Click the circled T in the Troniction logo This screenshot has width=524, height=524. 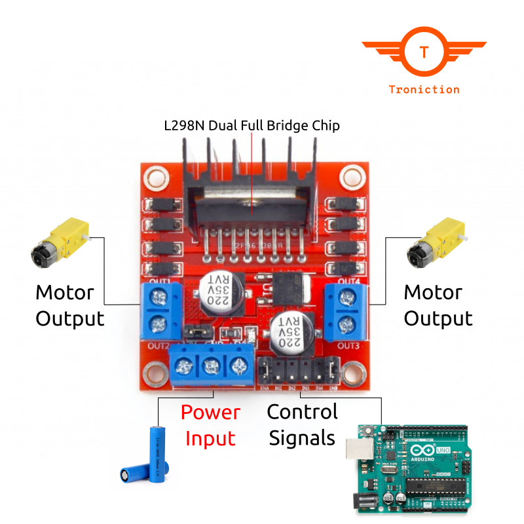pyautogui.click(x=424, y=52)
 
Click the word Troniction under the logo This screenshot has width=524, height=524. pyautogui.click(x=424, y=90)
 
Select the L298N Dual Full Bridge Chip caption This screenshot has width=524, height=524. pyautogui.click(x=252, y=125)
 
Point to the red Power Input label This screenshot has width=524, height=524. pyautogui.click(x=210, y=425)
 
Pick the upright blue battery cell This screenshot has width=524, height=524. pyautogui.click(x=156, y=454)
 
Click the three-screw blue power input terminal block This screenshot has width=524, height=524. pyautogui.click(x=210, y=367)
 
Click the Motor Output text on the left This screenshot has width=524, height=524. pyautogui.click(x=69, y=305)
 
